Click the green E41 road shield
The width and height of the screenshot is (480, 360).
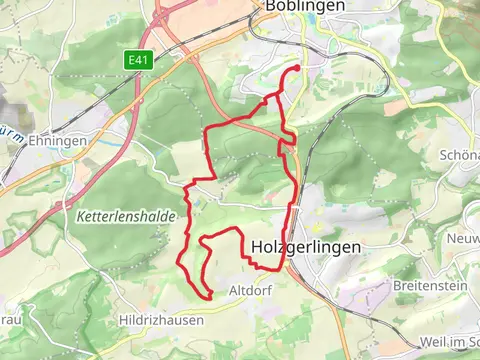click(137, 61)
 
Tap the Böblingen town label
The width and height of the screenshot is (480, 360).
click(305, 6)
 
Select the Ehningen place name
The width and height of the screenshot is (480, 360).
click(57, 141)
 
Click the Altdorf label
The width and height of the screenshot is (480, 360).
click(251, 291)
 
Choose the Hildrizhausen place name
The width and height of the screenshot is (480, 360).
click(161, 321)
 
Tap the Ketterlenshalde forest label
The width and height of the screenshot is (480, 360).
click(126, 216)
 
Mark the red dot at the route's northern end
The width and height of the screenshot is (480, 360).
click(297, 68)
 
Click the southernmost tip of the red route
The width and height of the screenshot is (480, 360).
click(209, 297)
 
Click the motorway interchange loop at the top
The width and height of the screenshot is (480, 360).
click(165, 15)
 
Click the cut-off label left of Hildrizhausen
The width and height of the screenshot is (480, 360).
click(8, 320)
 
